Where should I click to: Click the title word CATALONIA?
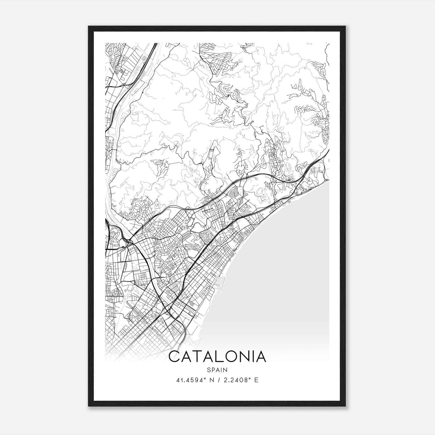coord(217,357)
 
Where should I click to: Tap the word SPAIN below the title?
coord(217,370)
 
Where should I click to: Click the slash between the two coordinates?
coord(218,380)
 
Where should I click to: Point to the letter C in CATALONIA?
coord(174,357)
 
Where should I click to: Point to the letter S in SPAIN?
coord(209,370)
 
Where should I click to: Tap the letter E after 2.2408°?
coord(257,380)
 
